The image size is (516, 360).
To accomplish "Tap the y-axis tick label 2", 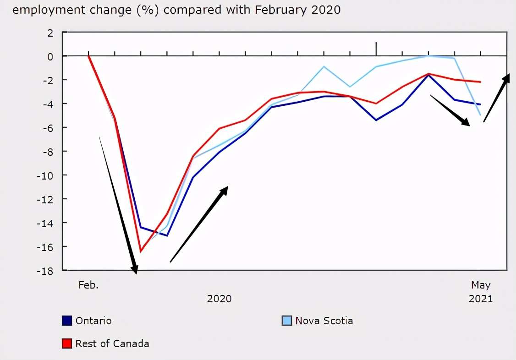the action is click(x=50, y=33).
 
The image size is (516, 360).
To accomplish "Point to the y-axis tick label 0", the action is click(x=50, y=57).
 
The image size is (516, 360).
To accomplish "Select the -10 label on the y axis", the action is click(x=45, y=176).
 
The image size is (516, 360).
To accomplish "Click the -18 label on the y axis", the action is click(x=45, y=271).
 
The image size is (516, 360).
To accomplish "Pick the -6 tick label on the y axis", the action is click(x=48, y=128).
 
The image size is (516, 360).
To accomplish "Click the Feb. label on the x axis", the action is click(x=88, y=285).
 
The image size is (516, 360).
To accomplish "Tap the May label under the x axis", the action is click(x=481, y=285).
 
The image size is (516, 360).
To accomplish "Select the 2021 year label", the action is click(x=481, y=299).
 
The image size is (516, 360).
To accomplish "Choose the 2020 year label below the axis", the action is click(x=219, y=299).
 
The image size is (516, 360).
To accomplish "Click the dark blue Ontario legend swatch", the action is click(x=67, y=321).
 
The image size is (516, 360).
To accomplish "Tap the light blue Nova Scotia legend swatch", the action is click(x=286, y=321).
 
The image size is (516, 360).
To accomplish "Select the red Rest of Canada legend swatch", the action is click(x=67, y=344).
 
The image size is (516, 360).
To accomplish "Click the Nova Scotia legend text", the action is click(x=324, y=321).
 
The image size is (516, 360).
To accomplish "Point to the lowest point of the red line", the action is click(x=141, y=251).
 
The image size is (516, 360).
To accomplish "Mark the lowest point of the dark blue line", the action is click(x=167, y=236).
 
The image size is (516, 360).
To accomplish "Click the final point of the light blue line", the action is click(x=481, y=115).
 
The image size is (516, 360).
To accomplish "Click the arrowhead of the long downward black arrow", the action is click(x=134, y=270).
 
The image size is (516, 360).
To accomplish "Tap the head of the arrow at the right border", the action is click(x=506, y=78).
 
